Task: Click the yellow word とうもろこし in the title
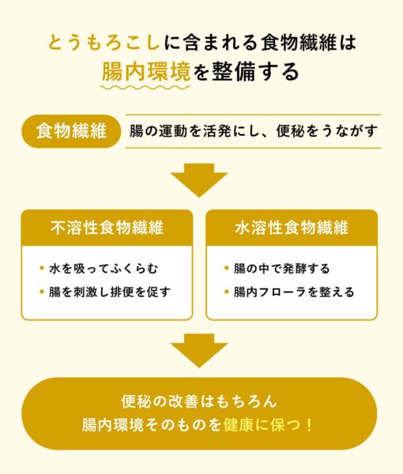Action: (104, 43)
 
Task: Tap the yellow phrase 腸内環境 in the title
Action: (146, 72)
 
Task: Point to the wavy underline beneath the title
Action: (145, 88)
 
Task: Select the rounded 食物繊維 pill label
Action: (71, 131)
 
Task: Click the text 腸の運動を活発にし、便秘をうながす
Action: (254, 131)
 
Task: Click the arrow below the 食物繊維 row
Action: (198, 180)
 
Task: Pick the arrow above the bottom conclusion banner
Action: (198, 351)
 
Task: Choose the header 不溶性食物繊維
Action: (107, 228)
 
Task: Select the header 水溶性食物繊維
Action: (292, 228)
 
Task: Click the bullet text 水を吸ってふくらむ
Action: (104, 269)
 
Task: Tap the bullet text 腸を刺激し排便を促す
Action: (110, 292)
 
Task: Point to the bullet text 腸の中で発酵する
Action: (281, 269)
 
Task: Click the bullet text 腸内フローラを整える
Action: (294, 292)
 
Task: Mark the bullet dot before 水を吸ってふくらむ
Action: (42, 268)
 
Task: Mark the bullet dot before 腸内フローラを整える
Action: (227, 292)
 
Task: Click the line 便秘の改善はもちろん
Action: (199, 401)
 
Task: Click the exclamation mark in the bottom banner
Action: (309, 425)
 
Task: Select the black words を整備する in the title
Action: (246, 72)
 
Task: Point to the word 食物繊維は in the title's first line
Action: (309, 43)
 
